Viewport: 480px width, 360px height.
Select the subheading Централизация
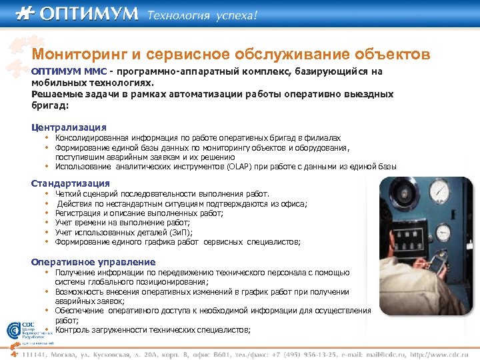(69, 127)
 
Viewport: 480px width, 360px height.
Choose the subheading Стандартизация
(71, 183)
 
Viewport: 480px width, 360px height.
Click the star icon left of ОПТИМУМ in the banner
(25, 14)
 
